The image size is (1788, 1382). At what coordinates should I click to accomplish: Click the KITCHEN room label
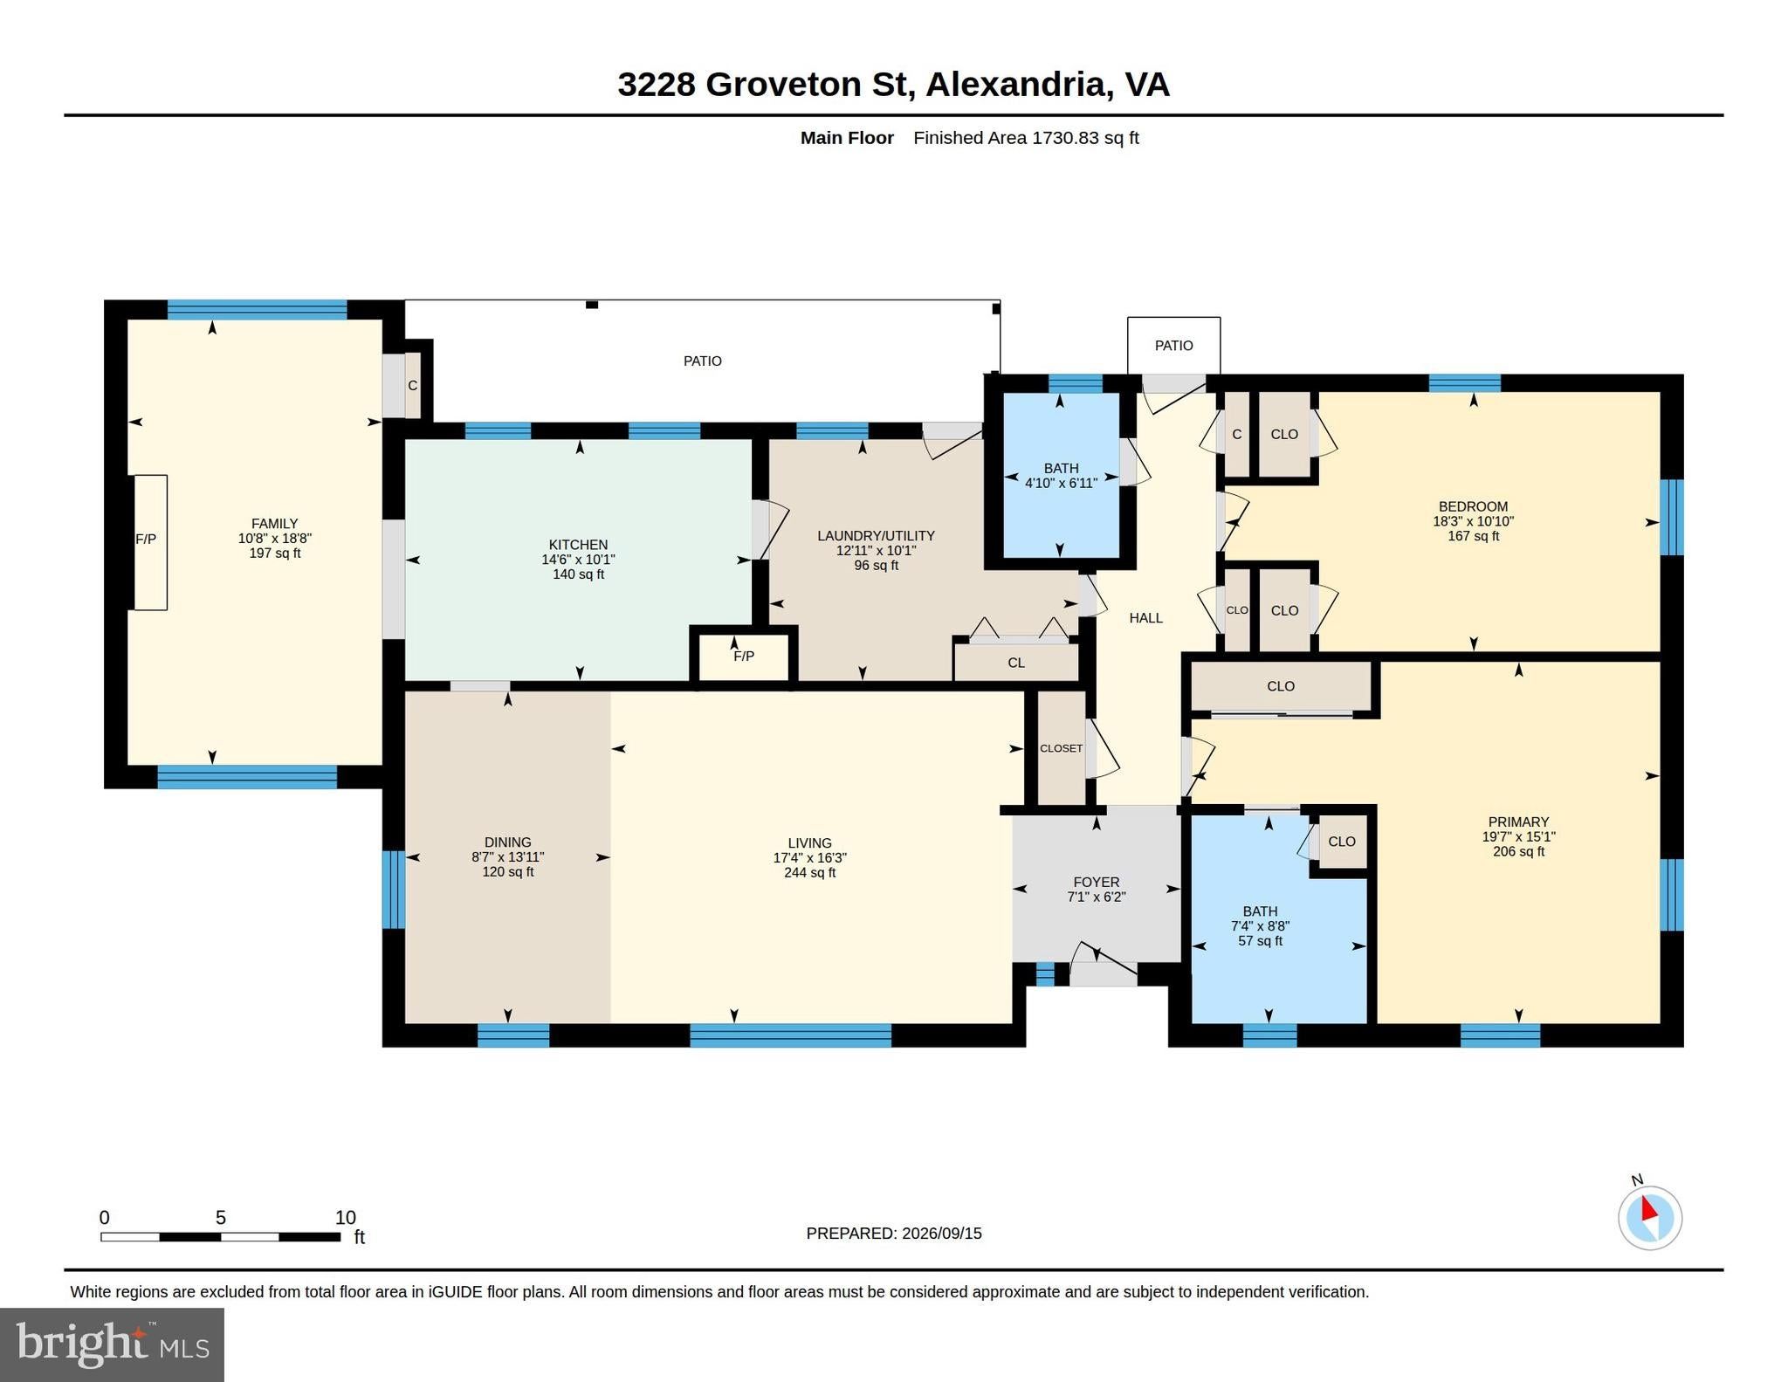(578, 544)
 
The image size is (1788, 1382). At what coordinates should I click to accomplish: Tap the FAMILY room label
(275, 524)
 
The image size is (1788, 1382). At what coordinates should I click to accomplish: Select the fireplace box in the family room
(149, 542)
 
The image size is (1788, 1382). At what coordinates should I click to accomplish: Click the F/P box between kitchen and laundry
(744, 655)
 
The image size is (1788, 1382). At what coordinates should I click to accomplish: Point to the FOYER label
(1097, 882)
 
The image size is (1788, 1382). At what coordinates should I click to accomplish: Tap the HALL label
(1146, 618)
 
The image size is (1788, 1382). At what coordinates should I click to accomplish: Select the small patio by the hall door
(1174, 346)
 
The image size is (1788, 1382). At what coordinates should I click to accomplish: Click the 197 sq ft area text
(275, 553)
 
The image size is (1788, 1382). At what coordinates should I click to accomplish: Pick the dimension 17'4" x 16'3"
(810, 858)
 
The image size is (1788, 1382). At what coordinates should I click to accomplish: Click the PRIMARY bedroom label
(1518, 822)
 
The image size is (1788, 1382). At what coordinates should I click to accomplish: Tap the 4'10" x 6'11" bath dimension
(1061, 483)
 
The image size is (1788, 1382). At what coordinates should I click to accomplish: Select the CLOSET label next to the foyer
(1062, 748)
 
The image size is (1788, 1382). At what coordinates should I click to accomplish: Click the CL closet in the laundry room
(1017, 663)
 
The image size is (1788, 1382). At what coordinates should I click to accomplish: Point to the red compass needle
(1648, 1209)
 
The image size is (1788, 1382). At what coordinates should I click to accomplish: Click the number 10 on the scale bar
(346, 1218)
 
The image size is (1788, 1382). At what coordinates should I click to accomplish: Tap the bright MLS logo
(113, 1344)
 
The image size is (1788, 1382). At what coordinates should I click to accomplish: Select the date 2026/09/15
(942, 1234)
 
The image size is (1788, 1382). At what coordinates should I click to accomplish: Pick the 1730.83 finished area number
(1065, 138)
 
